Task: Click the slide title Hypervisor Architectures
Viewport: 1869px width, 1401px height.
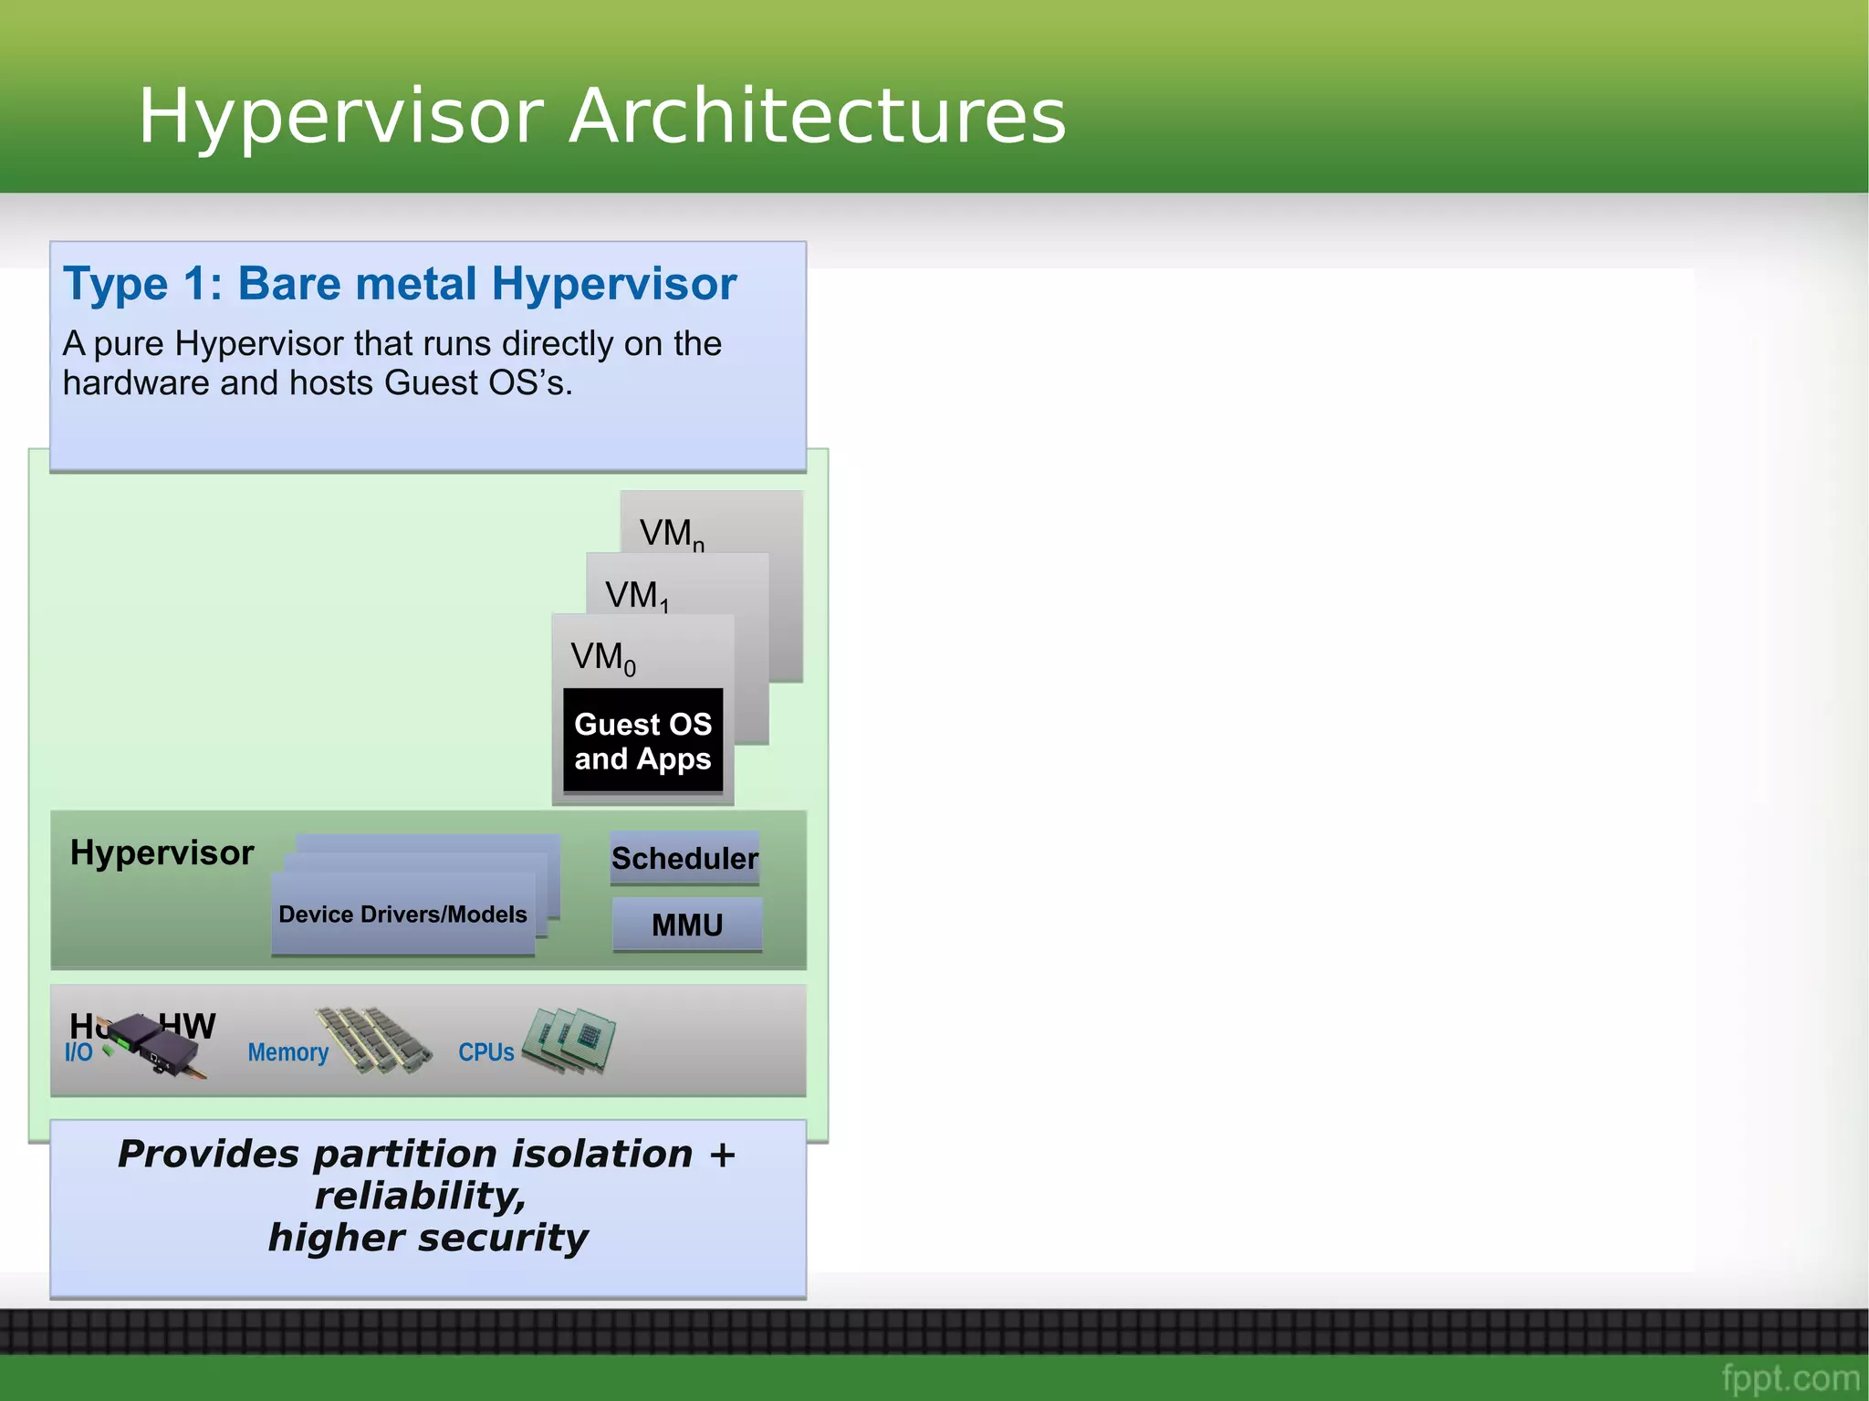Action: (602, 117)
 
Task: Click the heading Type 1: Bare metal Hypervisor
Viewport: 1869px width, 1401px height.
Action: (400, 284)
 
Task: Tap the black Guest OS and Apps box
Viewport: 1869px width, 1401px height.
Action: (642, 740)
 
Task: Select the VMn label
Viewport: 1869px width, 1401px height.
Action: (672, 534)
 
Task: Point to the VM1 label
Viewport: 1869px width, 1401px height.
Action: (637, 596)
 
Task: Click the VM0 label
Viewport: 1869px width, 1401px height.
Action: (602, 657)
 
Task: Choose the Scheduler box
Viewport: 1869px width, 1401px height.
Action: (684, 858)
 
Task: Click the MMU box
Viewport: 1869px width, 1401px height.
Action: (687, 925)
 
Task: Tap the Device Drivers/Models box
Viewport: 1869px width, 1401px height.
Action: (402, 914)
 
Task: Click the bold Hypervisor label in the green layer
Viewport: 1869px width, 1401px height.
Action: (162, 852)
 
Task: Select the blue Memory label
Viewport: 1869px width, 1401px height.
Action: (287, 1052)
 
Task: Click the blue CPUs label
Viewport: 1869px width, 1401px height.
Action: (486, 1052)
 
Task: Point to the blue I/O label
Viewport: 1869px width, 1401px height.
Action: (78, 1052)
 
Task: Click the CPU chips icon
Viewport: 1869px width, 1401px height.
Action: (573, 1040)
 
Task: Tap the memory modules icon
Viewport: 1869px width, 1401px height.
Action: (374, 1040)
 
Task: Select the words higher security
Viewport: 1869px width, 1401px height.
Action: (428, 1238)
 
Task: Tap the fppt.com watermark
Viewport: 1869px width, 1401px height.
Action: (1790, 1377)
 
